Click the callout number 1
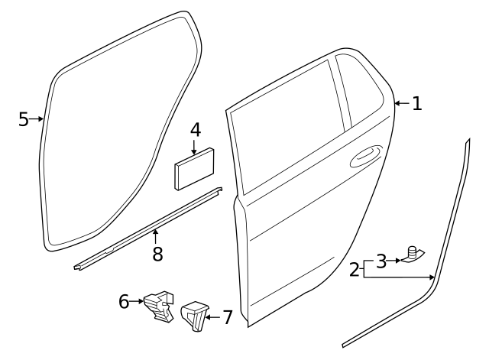click(416, 104)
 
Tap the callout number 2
click(355, 270)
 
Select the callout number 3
click(381, 261)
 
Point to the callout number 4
click(196, 130)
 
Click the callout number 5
click(24, 119)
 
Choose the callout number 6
click(124, 301)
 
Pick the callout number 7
click(228, 317)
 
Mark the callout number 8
click(158, 254)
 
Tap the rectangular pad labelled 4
click(194, 169)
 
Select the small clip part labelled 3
click(413, 255)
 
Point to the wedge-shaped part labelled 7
click(194, 316)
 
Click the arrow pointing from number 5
click(36, 119)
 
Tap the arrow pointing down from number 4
click(194, 148)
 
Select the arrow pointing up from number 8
click(155, 236)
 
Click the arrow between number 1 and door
click(403, 103)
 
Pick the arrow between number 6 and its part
click(136, 301)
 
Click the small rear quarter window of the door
click(359, 90)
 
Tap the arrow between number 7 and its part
click(213, 317)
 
